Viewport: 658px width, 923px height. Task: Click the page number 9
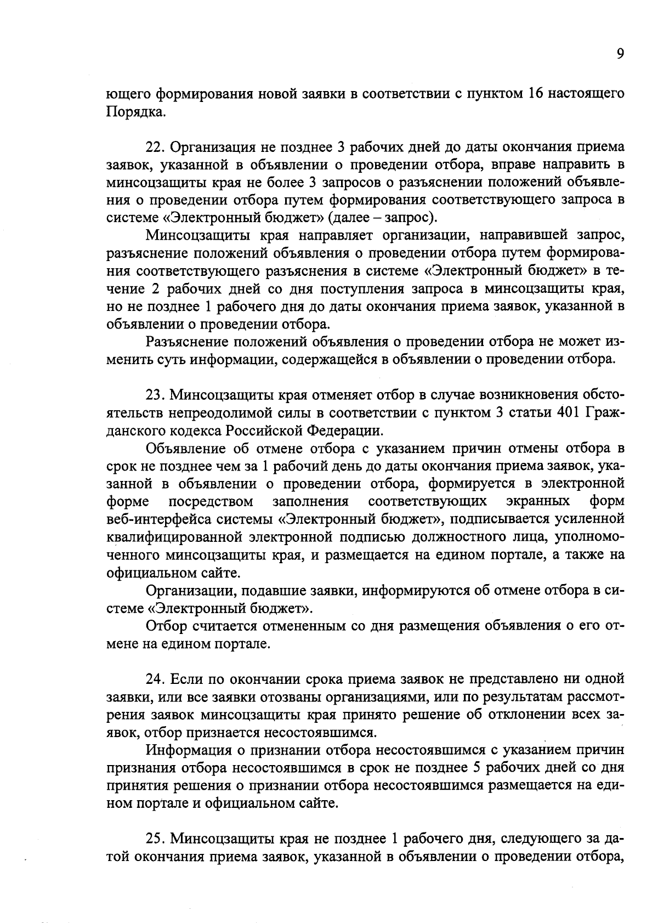click(620, 53)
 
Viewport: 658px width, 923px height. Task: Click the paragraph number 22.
click(156, 147)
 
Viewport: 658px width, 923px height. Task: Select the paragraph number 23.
click(156, 395)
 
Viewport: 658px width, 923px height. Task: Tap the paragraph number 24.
click(156, 679)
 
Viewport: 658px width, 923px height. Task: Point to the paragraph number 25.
click(156, 839)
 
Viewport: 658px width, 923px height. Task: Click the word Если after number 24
click(188, 679)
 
